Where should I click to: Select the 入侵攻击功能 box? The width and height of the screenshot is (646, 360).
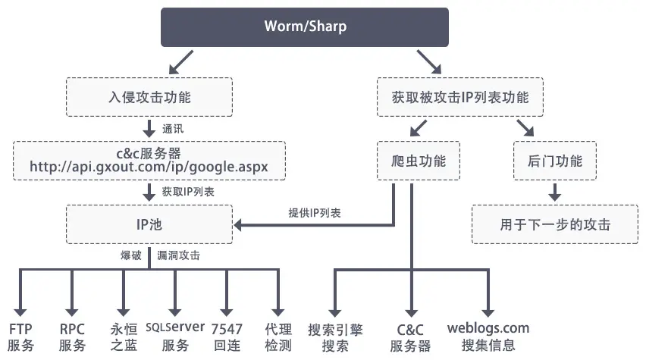click(149, 98)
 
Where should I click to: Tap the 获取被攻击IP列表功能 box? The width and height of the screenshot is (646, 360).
click(460, 98)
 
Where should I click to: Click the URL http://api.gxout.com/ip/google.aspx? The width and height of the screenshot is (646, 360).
click(149, 166)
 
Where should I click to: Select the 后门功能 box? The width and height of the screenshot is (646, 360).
click(554, 161)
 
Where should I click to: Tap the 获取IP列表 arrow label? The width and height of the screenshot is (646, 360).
click(188, 192)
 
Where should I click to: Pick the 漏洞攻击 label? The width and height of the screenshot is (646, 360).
click(179, 255)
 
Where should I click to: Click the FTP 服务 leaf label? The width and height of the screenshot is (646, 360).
click(21, 337)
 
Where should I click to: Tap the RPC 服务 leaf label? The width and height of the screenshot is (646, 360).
click(72, 337)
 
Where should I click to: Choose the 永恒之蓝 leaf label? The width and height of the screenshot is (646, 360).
click(124, 337)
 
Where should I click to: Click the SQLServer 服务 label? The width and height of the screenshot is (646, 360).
click(175, 337)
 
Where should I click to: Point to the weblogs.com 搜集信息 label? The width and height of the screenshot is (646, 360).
click(488, 337)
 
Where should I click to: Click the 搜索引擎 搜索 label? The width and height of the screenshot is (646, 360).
click(334, 337)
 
